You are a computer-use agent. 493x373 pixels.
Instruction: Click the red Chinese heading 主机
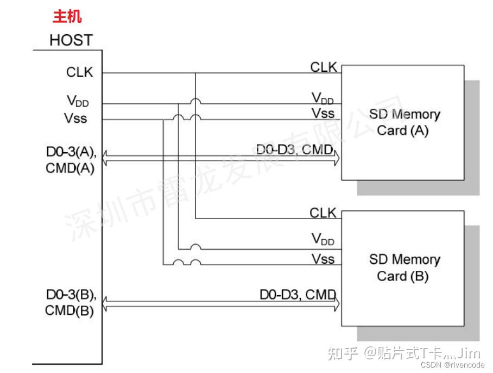point(67,17)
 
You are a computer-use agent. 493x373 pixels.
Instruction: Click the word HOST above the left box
point(71,40)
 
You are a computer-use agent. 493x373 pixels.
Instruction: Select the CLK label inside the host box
point(80,72)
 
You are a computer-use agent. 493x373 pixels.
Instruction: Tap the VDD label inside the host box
point(78,101)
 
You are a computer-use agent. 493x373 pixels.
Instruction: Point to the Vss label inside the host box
point(77,118)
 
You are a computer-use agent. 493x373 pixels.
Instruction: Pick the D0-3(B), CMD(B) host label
point(71,303)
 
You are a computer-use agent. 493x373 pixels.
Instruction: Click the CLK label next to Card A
point(324,67)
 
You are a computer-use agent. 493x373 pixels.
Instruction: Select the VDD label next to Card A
point(323,98)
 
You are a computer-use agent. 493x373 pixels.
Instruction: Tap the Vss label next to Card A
point(323,113)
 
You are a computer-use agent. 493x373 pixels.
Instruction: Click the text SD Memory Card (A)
point(404,122)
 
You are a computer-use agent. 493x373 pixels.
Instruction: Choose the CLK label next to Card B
point(323,213)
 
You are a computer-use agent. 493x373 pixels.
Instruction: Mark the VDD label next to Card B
point(323,238)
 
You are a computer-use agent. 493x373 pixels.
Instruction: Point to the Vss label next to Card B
point(323,258)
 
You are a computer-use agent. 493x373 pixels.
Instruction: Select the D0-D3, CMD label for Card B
point(298,295)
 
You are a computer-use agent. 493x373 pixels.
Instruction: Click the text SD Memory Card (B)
point(404,268)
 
